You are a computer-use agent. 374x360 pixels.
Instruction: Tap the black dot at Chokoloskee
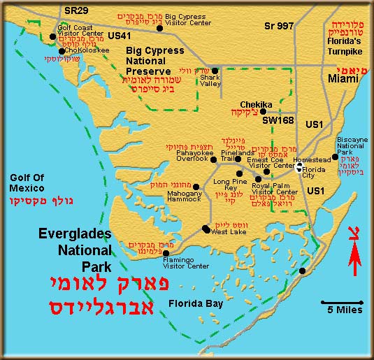click(62, 51)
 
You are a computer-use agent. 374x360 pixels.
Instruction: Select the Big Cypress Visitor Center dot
click(160, 28)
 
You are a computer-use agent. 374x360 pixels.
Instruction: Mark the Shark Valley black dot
click(215, 70)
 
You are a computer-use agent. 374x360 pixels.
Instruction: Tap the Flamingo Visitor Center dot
click(166, 253)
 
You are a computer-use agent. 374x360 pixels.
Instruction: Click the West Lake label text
click(228, 231)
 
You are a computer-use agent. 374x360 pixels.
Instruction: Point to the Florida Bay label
click(196, 303)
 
